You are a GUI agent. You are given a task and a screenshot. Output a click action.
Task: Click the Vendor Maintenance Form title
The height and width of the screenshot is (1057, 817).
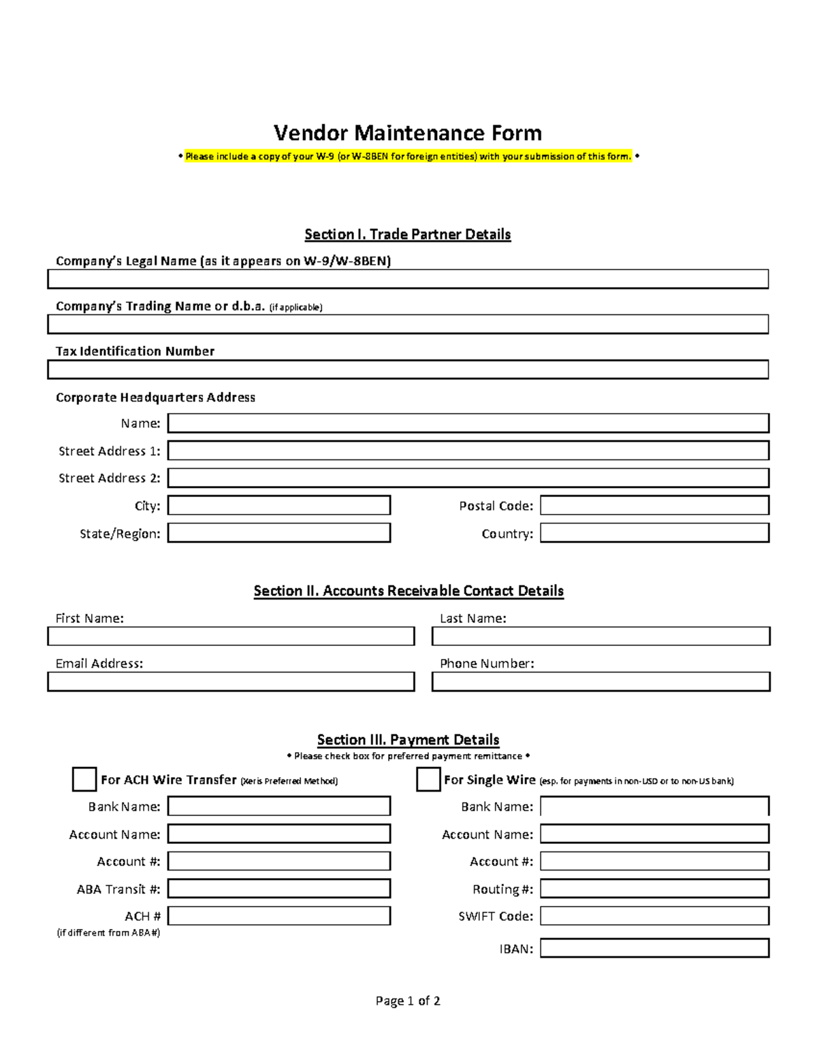pyautogui.click(x=408, y=133)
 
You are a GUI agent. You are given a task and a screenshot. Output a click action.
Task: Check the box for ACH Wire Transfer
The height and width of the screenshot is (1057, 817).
pyautogui.click(x=84, y=779)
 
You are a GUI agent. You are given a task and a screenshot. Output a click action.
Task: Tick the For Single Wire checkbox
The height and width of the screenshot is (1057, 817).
pyautogui.click(x=428, y=779)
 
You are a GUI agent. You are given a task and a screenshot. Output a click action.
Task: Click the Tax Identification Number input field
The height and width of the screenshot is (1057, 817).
pyautogui.click(x=408, y=370)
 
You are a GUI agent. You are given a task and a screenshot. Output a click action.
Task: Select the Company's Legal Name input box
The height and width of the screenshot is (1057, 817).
pyautogui.click(x=408, y=279)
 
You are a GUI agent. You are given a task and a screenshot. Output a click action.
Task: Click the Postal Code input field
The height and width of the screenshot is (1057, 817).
pyautogui.click(x=654, y=505)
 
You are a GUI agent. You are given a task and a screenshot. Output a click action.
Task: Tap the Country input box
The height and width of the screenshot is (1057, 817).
pyautogui.click(x=654, y=533)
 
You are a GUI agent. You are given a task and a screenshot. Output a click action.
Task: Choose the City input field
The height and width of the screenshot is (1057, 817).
pyautogui.click(x=279, y=505)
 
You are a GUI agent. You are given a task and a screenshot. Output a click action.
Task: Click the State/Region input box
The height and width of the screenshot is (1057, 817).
pyautogui.click(x=279, y=533)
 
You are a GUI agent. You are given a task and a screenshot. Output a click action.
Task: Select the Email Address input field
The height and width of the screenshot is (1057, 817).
pyautogui.click(x=231, y=681)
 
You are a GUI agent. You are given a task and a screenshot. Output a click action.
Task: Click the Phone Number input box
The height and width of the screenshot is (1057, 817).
pyautogui.click(x=600, y=681)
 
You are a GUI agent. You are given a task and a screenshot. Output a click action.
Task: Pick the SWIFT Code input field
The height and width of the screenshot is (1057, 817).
pyautogui.click(x=654, y=915)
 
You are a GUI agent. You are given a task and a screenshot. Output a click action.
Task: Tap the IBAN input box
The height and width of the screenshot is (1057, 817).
pyautogui.click(x=654, y=948)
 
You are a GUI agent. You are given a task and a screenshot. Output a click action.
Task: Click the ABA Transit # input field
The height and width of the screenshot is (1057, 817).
pyautogui.click(x=279, y=888)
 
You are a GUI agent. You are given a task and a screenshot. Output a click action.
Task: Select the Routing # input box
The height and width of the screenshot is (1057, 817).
pyautogui.click(x=654, y=888)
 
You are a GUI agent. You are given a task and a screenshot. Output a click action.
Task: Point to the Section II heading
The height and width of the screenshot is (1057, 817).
pyautogui.click(x=408, y=591)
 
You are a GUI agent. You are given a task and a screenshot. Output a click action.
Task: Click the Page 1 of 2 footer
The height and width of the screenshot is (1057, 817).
pyautogui.click(x=408, y=1001)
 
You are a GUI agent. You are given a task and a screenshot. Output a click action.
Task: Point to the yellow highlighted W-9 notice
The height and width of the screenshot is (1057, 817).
pyautogui.click(x=408, y=157)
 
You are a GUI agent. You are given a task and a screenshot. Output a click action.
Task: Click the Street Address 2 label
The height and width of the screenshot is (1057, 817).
pyautogui.click(x=109, y=478)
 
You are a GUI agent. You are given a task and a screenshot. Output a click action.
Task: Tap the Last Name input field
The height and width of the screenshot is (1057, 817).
pyautogui.click(x=600, y=636)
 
